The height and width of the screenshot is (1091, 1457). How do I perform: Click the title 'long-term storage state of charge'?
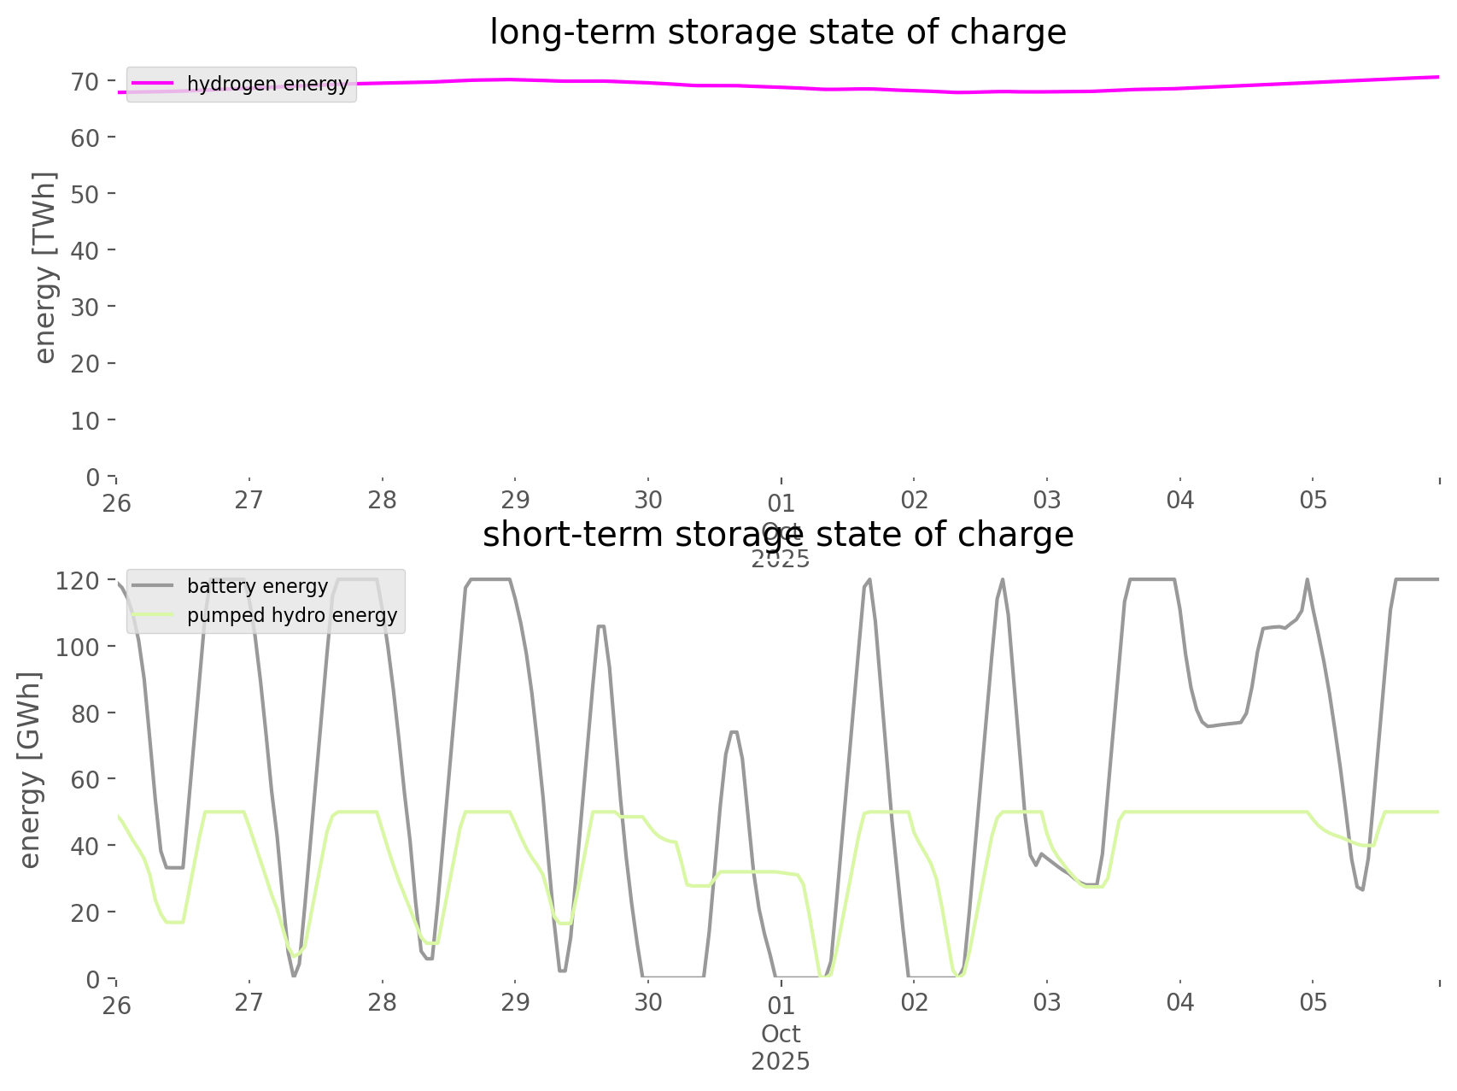pos(777,32)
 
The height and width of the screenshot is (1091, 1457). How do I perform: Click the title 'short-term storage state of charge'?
pos(777,535)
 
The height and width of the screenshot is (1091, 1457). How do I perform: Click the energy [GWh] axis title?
pos(31,770)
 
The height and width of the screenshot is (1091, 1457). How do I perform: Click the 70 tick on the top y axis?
pos(85,82)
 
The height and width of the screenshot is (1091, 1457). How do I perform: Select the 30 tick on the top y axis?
pos(85,307)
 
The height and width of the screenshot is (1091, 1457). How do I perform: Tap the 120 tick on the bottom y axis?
pos(79,582)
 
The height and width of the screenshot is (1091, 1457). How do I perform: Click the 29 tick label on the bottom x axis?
pos(515,1002)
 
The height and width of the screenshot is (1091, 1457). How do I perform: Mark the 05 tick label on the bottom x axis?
pos(1313,1002)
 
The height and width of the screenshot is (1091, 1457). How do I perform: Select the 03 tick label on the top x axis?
pos(1047,500)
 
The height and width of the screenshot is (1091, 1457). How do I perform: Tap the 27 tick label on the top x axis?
pos(249,500)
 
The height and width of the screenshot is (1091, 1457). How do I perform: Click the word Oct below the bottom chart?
pos(781,1034)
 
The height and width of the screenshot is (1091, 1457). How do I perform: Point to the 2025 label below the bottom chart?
pos(781,1061)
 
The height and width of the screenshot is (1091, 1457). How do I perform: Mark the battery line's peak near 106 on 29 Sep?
pos(600,626)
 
